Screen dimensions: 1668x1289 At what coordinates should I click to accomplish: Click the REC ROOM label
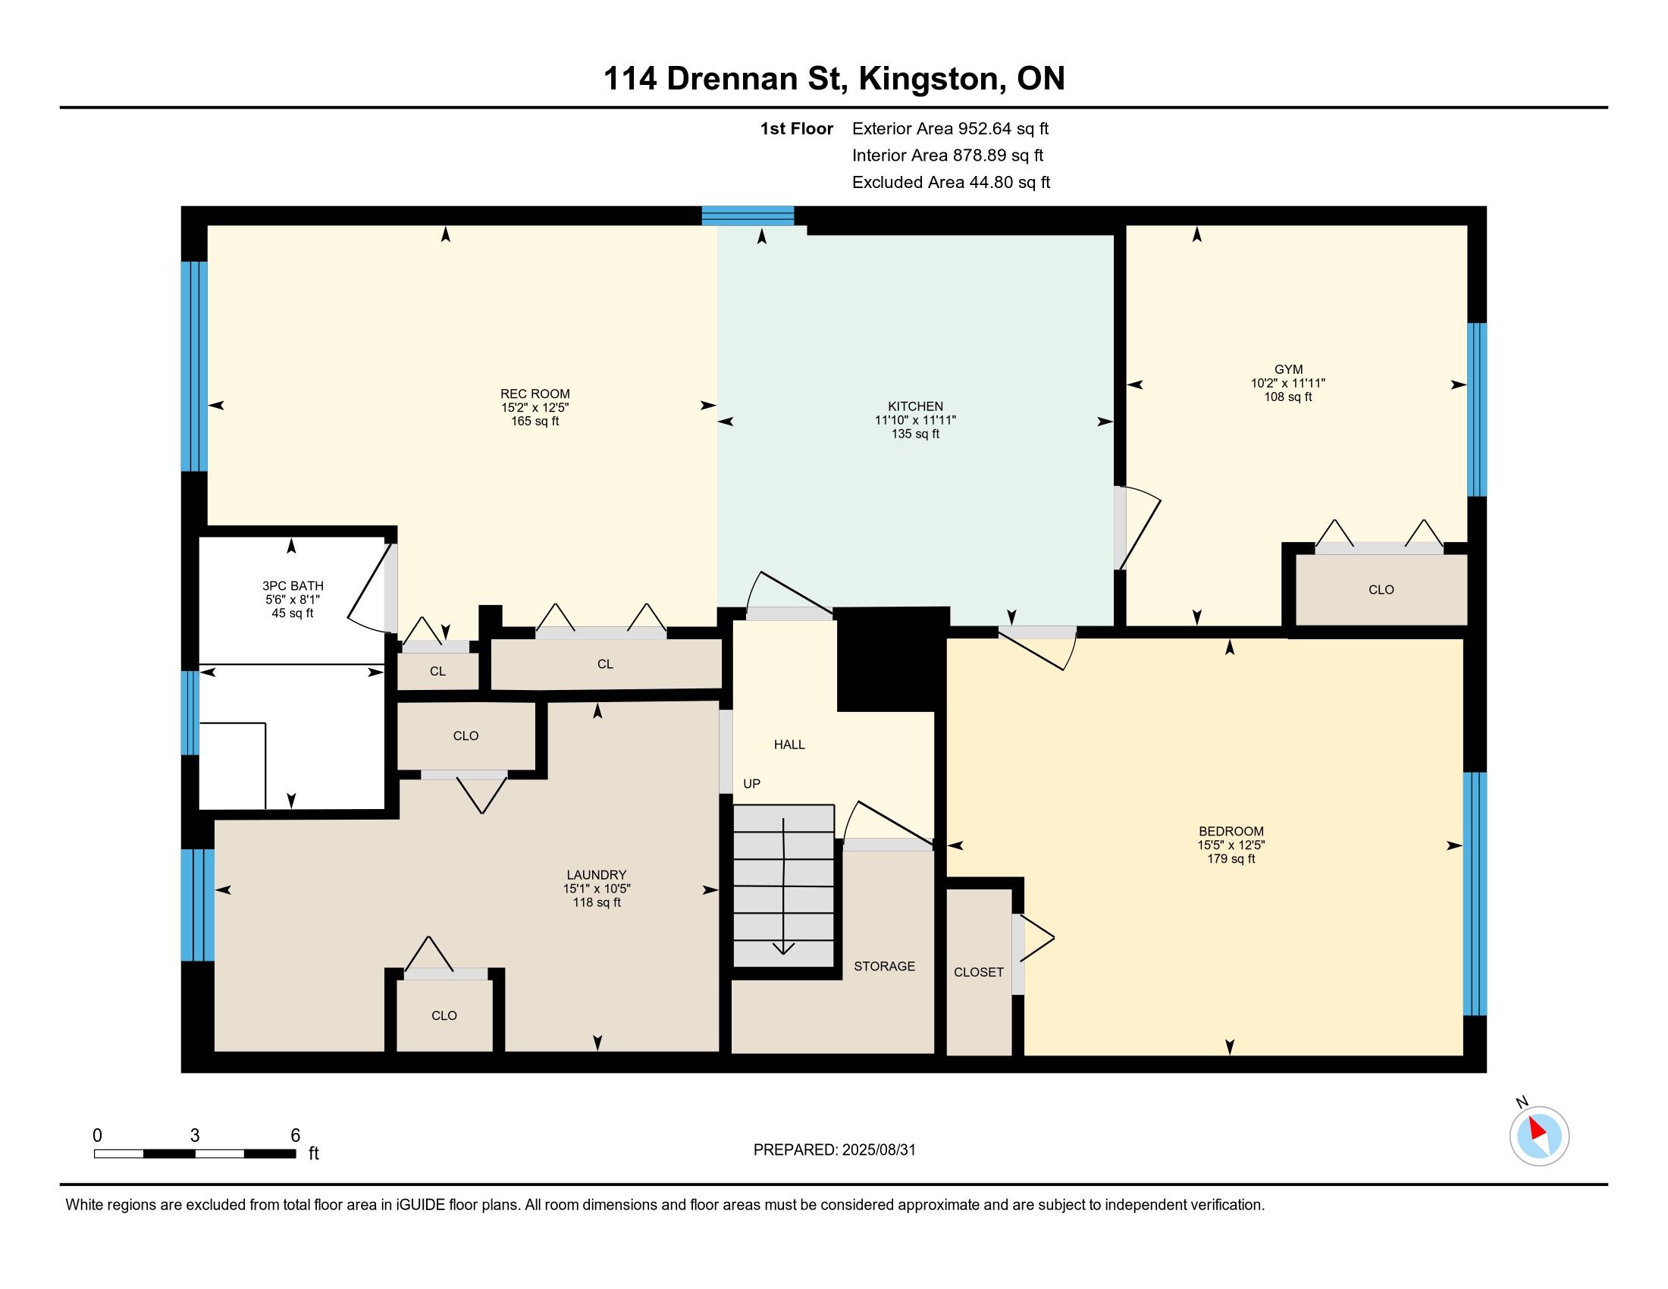click(x=535, y=394)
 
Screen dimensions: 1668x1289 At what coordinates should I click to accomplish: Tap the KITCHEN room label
click(x=915, y=406)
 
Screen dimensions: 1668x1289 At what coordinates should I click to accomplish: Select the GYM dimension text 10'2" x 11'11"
click(x=1287, y=384)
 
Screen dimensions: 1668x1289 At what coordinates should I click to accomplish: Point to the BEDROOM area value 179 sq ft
click(x=1231, y=858)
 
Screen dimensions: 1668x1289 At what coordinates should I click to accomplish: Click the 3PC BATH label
click(x=293, y=585)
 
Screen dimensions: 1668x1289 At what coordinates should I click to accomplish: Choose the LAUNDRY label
click(x=597, y=875)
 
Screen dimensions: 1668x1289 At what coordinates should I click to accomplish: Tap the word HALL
click(x=789, y=745)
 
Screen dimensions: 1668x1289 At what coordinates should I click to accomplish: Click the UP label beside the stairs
click(x=751, y=783)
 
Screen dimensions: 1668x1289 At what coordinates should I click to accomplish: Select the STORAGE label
click(x=884, y=966)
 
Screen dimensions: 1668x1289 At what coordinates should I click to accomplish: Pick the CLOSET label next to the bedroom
click(x=978, y=972)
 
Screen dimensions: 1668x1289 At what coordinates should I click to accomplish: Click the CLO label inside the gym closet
click(x=1381, y=589)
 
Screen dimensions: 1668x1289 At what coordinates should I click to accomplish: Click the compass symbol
click(x=1539, y=1136)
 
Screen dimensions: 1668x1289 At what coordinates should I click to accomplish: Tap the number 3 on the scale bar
click(x=195, y=1136)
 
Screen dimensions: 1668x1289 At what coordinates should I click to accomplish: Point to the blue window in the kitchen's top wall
click(x=748, y=215)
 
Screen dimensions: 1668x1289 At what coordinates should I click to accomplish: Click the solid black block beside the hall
click(x=893, y=660)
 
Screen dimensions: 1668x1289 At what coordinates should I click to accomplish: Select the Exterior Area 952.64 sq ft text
click(x=950, y=128)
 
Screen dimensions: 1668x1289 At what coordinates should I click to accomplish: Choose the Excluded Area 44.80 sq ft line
click(x=951, y=182)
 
